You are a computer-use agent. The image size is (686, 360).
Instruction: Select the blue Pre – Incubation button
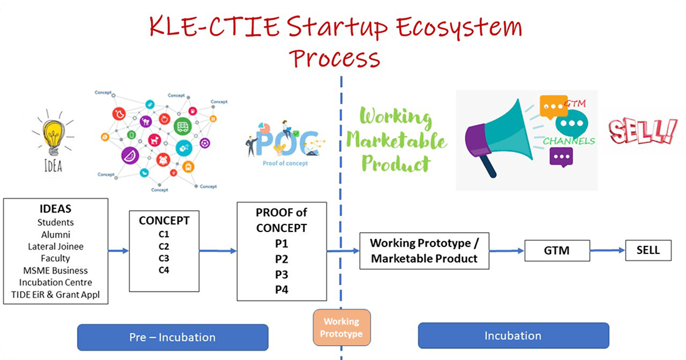(x=173, y=337)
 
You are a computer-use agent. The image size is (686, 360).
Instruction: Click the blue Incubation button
(x=513, y=336)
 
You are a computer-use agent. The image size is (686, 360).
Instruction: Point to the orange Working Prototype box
(x=341, y=327)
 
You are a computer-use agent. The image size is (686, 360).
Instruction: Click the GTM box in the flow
(x=557, y=251)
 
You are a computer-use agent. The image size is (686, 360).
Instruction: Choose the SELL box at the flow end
(x=648, y=250)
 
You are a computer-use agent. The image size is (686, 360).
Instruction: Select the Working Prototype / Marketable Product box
(x=424, y=251)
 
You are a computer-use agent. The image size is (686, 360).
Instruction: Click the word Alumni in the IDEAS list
(x=55, y=235)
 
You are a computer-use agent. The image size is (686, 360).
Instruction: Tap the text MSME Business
(x=55, y=270)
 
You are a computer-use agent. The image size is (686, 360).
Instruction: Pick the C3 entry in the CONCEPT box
(x=164, y=258)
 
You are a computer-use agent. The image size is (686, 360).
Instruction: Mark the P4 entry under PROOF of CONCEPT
(x=282, y=289)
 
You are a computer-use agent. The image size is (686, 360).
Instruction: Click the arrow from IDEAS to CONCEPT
(x=119, y=251)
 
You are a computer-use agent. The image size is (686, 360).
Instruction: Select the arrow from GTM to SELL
(x=608, y=251)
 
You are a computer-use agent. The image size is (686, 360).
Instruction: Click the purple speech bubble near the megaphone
(x=561, y=156)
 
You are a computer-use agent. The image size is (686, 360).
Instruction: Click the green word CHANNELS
(x=569, y=141)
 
